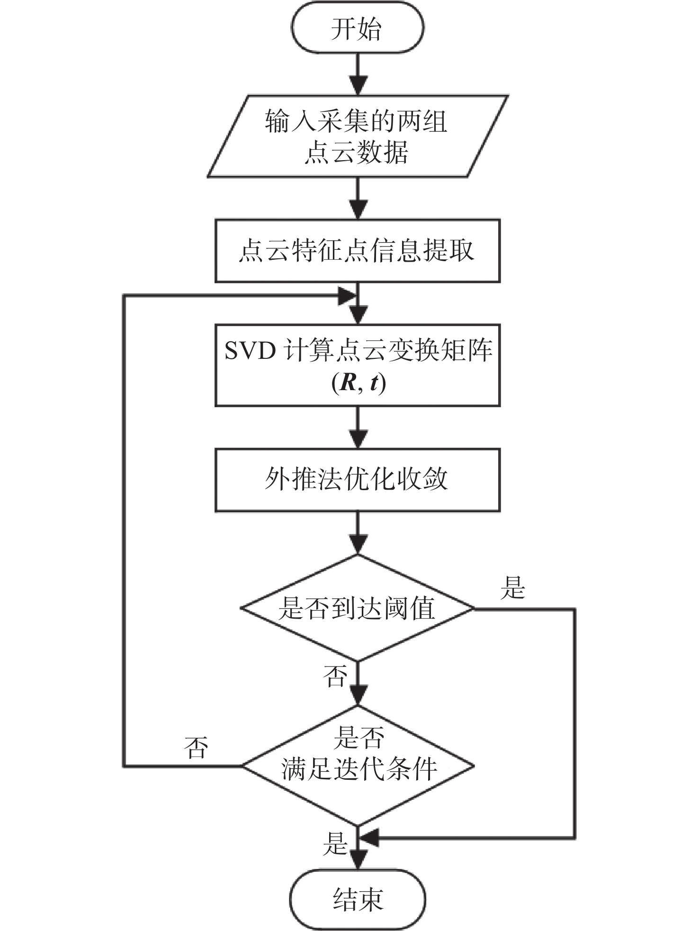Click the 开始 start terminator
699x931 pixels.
click(x=357, y=28)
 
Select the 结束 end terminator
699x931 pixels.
click(x=357, y=899)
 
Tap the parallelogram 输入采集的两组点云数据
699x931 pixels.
click(x=357, y=137)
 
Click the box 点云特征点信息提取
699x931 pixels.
click(x=357, y=251)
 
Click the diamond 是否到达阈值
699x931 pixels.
click(x=357, y=608)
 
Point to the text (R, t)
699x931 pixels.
click(x=358, y=383)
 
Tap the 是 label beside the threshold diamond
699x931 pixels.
click(x=513, y=588)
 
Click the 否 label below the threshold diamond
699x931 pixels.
click(x=335, y=675)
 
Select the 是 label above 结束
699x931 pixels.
click(x=335, y=843)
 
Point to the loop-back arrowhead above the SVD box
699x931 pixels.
click(x=347, y=296)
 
